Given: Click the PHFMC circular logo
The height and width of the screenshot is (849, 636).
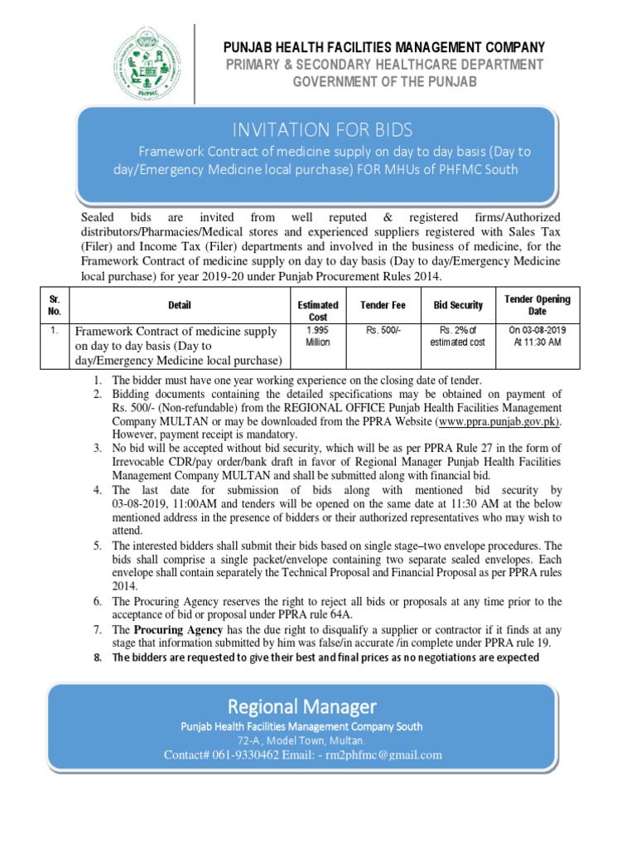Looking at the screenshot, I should click(x=147, y=56).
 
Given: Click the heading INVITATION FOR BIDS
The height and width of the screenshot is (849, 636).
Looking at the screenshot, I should click(x=323, y=130).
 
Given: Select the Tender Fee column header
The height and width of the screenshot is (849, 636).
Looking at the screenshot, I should click(x=382, y=305).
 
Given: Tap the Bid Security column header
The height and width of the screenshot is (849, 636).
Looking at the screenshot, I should click(x=458, y=305).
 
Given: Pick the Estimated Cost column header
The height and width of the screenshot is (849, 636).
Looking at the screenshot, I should click(x=318, y=311).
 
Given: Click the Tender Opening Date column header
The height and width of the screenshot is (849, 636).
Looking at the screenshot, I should click(x=537, y=305).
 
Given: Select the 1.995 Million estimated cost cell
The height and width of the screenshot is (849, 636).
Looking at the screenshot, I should click(x=318, y=336).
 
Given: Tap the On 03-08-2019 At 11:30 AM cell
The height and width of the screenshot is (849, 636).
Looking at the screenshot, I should click(x=537, y=336).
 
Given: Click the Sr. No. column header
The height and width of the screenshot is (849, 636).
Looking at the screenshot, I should click(x=55, y=305).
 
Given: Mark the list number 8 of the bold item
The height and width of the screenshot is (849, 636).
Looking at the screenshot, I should click(x=97, y=657).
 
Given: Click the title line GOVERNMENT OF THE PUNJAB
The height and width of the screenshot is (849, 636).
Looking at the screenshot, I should click(x=385, y=82).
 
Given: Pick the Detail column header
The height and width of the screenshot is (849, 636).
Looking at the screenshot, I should click(x=180, y=305).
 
